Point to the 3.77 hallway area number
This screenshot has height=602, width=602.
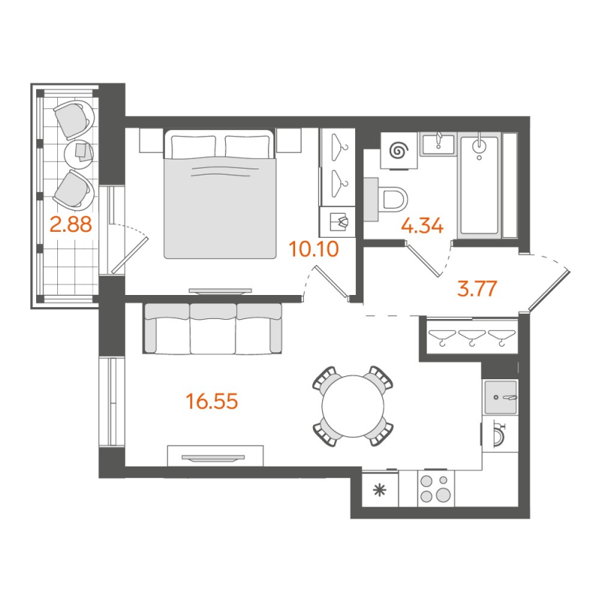coord(479,288)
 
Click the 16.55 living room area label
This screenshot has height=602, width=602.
coord(212,402)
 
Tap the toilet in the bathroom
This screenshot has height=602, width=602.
coord(392,198)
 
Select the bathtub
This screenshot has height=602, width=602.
coord(479,184)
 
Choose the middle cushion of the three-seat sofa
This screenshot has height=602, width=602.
coord(213,329)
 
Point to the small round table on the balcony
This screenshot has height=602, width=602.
coord(79,154)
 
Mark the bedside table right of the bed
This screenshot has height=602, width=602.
coord(288,140)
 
